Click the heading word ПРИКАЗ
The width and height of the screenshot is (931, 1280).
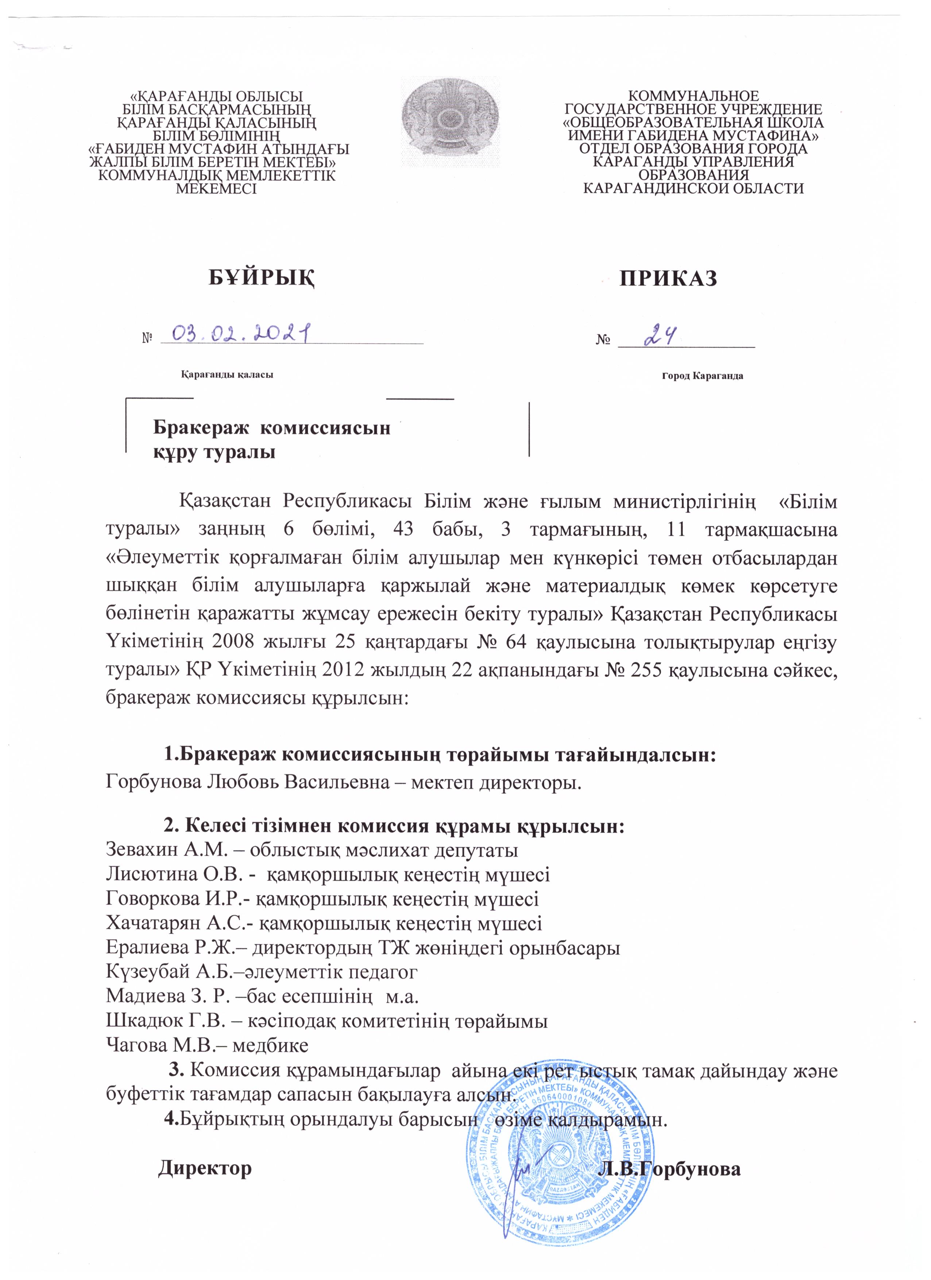pos(669,279)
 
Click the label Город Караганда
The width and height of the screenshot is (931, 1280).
pos(702,376)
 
